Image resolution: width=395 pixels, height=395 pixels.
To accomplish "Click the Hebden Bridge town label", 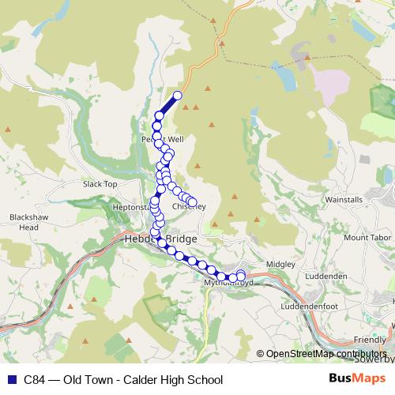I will [x=160, y=238].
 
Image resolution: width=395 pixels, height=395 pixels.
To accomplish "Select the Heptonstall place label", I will [x=130, y=207].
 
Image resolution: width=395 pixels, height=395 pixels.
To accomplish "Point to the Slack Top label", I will [x=100, y=184].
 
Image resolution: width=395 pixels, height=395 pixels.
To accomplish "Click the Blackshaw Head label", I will [x=24, y=222].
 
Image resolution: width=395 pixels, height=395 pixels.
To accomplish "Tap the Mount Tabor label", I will [x=366, y=237].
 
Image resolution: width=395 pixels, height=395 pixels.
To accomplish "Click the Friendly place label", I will [x=370, y=339].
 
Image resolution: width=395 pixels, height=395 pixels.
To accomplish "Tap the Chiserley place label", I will [x=190, y=208].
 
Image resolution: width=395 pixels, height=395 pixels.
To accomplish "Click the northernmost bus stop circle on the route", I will [x=178, y=96].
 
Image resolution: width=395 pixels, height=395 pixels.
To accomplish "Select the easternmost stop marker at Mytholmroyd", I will [x=241, y=275].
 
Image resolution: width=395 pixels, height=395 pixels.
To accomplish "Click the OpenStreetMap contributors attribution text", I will [x=325, y=354].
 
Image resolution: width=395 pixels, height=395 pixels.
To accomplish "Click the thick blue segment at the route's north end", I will [x=167, y=106].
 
